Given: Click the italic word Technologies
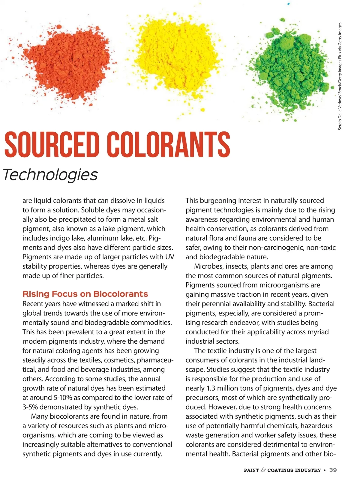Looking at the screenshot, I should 50,175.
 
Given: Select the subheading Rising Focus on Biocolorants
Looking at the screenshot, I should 85,294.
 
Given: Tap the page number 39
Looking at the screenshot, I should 333,470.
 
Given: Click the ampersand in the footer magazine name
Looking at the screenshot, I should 263,470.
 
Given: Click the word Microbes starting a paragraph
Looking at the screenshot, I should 207,266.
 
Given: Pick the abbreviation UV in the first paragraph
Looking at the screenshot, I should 169,257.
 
